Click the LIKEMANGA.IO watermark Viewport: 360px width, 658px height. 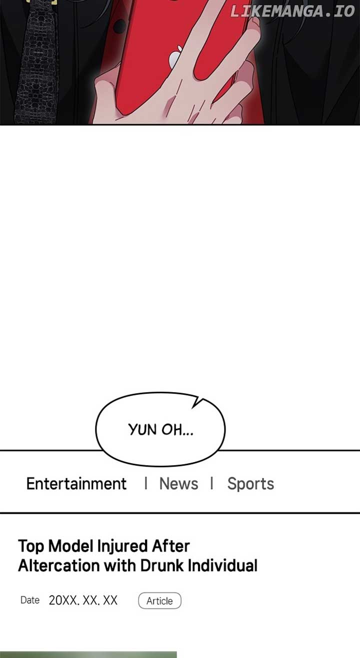[x=292, y=11]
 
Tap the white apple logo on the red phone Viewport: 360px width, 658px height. [x=174, y=56]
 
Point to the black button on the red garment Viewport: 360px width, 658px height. [x=119, y=26]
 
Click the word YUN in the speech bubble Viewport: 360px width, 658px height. [x=142, y=430]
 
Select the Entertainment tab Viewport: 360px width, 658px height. [x=76, y=484]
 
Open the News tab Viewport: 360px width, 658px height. [x=178, y=484]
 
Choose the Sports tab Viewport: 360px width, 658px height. [x=250, y=484]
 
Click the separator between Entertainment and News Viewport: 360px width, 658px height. [x=146, y=483]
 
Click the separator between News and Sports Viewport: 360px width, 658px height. [x=211, y=483]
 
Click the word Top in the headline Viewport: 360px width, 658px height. [x=31, y=547]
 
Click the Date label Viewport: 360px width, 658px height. [x=30, y=600]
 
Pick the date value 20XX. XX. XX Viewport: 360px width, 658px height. [x=83, y=601]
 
